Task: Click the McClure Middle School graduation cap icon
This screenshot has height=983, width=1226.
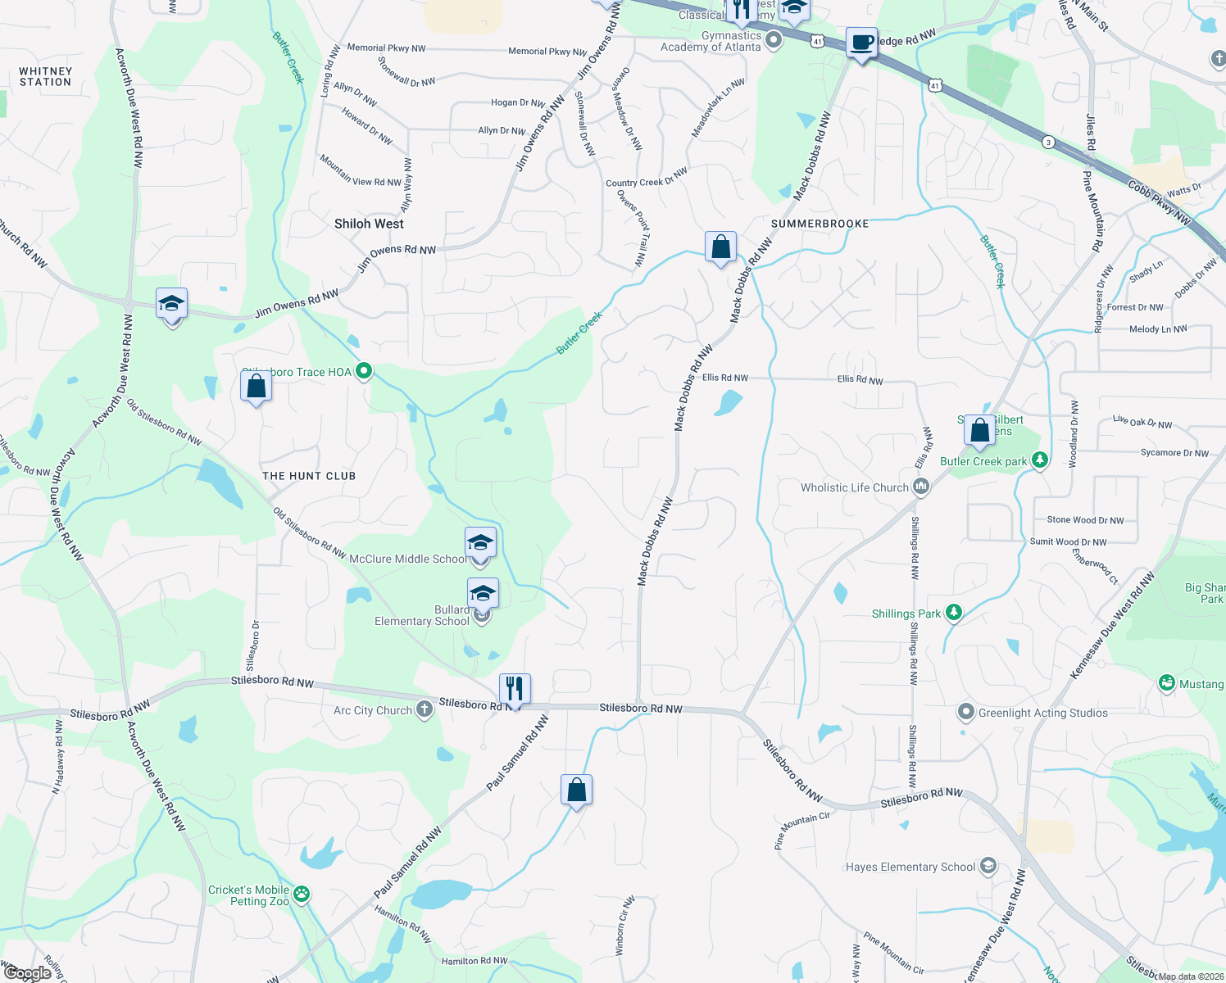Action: (x=480, y=543)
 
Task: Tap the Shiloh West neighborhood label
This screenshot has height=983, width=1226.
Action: (x=369, y=224)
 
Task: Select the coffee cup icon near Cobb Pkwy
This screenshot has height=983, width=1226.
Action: (x=861, y=42)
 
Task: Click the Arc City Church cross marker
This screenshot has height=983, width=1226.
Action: (x=424, y=709)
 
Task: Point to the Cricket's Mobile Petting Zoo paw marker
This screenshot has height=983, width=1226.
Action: (x=302, y=895)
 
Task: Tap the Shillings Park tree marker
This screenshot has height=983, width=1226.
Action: (x=952, y=613)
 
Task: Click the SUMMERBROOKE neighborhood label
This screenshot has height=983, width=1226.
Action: (x=820, y=224)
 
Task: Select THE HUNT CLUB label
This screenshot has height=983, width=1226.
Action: (x=309, y=476)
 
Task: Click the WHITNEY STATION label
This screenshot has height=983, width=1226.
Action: (x=46, y=77)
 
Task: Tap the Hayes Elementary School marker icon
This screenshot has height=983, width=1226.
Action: (x=988, y=866)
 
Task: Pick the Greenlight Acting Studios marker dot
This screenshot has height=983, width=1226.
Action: (x=966, y=713)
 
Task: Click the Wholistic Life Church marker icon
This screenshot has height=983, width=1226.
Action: (x=921, y=487)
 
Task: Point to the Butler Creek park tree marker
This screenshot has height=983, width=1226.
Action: (x=1040, y=460)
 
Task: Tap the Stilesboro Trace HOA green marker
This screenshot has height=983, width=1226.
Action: (x=364, y=372)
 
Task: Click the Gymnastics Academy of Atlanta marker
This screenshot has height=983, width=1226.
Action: (x=774, y=39)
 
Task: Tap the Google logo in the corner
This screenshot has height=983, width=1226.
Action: (x=27, y=972)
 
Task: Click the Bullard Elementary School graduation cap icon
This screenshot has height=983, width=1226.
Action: (x=483, y=593)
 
